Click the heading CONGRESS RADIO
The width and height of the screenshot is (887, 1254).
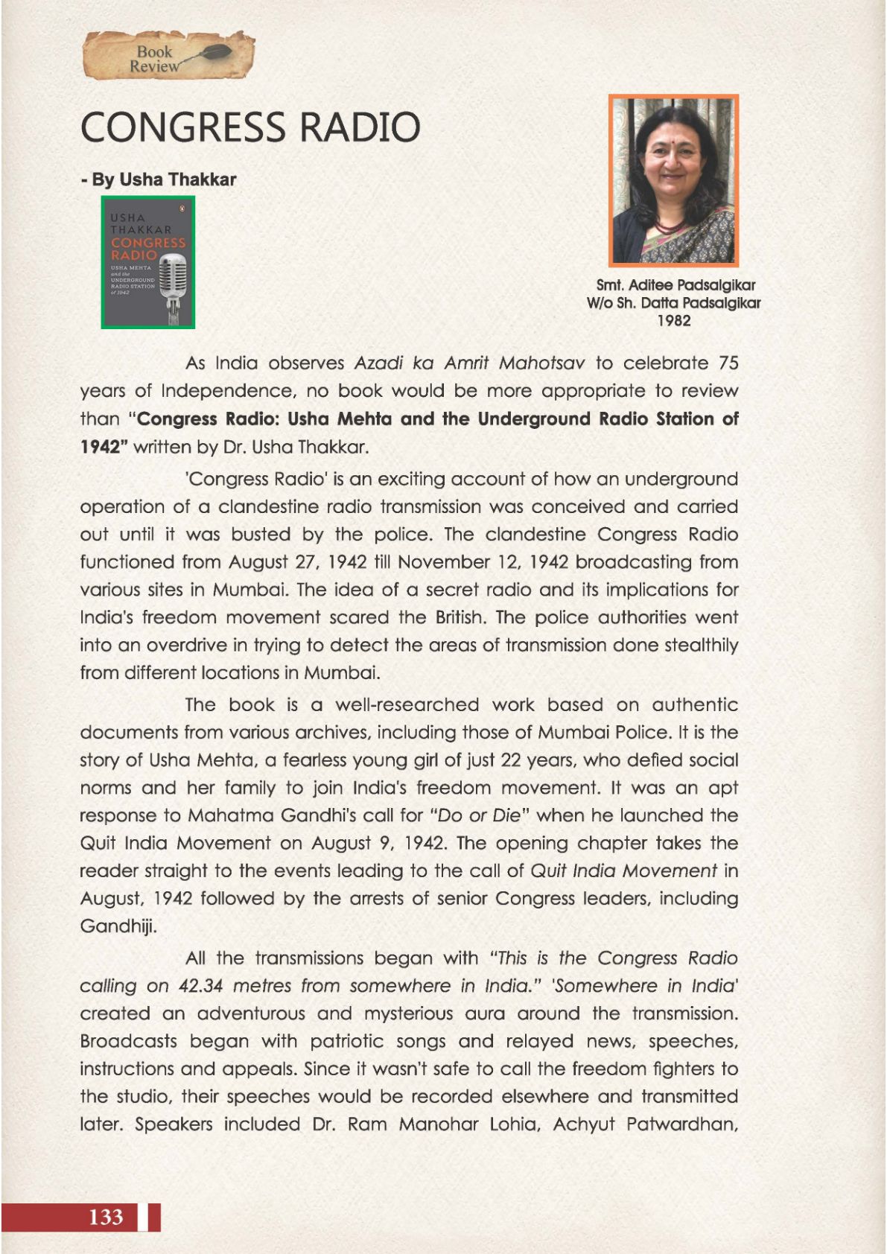tap(250, 127)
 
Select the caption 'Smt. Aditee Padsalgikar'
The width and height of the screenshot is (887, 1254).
tap(675, 285)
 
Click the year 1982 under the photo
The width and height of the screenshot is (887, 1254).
tap(673, 321)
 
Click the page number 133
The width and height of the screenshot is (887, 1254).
tap(106, 1217)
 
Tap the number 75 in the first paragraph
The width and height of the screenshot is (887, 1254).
tap(728, 363)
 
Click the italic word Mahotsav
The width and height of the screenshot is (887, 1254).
tap(541, 363)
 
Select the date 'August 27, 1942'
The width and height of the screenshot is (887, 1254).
tap(297, 562)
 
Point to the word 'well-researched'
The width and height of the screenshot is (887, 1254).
tap(407, 705)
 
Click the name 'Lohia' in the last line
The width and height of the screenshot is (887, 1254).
tap(514, 1124)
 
